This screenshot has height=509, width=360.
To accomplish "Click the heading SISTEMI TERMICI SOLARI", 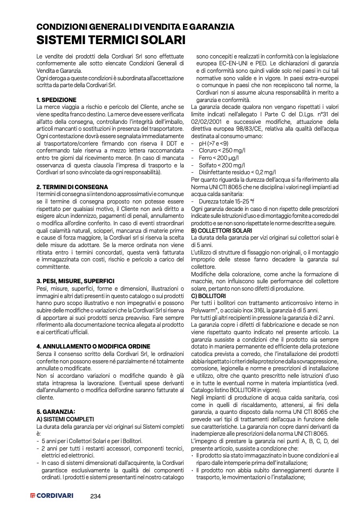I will coord(111,40).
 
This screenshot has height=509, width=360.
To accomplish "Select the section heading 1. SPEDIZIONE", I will coord(57,100).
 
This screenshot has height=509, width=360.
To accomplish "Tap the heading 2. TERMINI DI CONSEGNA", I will coord(72,187).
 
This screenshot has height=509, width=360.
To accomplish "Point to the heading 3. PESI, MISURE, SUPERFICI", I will coord(76,280).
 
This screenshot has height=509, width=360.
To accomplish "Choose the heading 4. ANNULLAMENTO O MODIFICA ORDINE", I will coord(93,346).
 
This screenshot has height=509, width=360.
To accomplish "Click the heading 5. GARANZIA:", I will coord(56,411).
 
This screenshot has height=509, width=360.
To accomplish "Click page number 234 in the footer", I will coord(96,496).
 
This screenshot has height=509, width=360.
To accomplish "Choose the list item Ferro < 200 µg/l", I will coord(218,158).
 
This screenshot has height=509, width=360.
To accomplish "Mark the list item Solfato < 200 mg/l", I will coord(220,165).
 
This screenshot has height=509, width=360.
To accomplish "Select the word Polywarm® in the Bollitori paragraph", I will coord(207,310).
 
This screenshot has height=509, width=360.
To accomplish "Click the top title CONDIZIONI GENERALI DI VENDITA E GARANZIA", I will coord(135,27).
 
